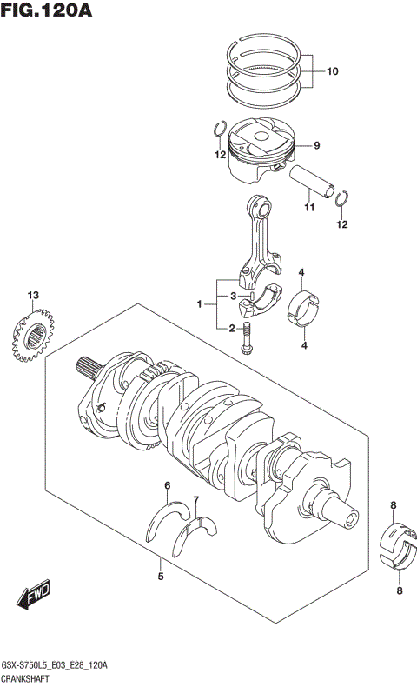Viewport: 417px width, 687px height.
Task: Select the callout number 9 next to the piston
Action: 317,145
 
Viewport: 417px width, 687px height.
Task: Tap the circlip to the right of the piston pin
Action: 341,200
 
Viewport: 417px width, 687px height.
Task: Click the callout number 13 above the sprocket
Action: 32,297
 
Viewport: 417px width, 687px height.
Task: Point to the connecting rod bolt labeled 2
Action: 248,338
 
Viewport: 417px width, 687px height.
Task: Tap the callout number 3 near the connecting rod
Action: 233,297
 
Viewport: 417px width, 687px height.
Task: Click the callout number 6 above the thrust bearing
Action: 167,484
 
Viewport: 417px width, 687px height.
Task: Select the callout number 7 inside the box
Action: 196,499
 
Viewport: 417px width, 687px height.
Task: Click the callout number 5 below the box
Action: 160,575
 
